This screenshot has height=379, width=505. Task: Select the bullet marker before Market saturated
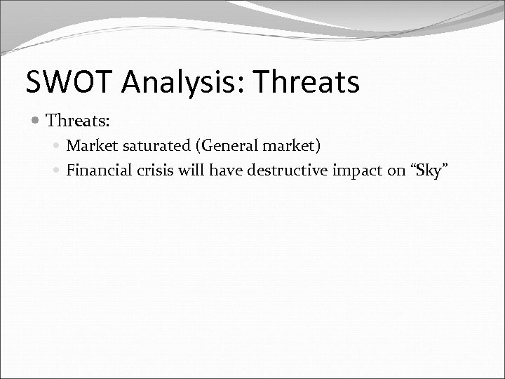click(x=58, y=146)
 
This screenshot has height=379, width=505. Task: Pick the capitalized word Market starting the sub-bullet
click(x=89, y=146)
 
